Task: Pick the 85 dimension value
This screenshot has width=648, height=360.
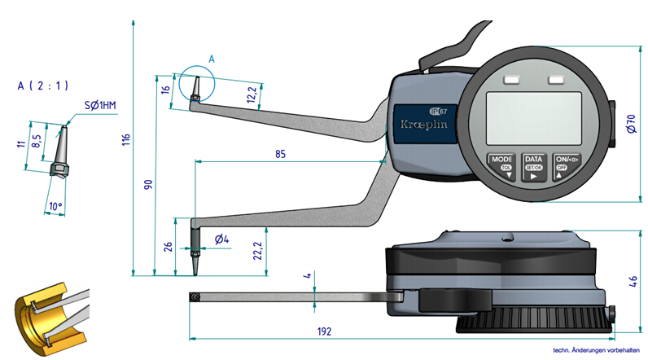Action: click(279, 152)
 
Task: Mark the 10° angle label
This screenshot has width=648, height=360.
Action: click(55, 207)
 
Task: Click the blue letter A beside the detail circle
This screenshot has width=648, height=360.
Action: click(212, 59)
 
